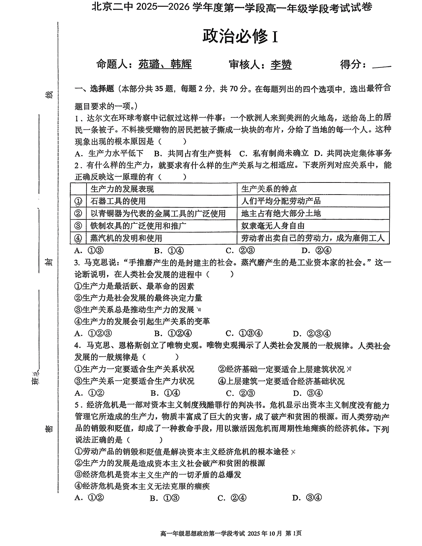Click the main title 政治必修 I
pyautogui.click(x=240, y=36)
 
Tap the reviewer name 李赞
pyautogui.click(x=281, y=65)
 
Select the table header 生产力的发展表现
pyautogui.click(x=122, y=189)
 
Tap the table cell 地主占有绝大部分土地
pyautogui.click(x=281, y=213)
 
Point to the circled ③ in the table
pyautogui.click(x=78, y=226)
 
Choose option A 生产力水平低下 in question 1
pyautogui.click(x=109, y=153)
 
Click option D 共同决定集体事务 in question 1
pyautogui.click(x=353, y=153)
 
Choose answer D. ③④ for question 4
pyautogui.click(x=308, y=393)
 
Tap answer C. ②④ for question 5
pyautogui.click(x=232, y=498)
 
